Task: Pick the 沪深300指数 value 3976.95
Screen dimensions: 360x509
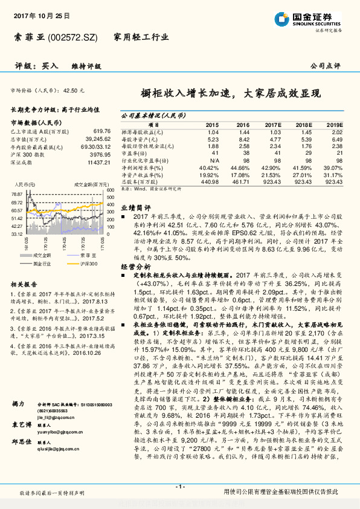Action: point(99,154)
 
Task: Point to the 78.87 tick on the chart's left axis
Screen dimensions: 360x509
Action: point(18,193)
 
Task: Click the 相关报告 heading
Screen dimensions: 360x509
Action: point(24,284)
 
